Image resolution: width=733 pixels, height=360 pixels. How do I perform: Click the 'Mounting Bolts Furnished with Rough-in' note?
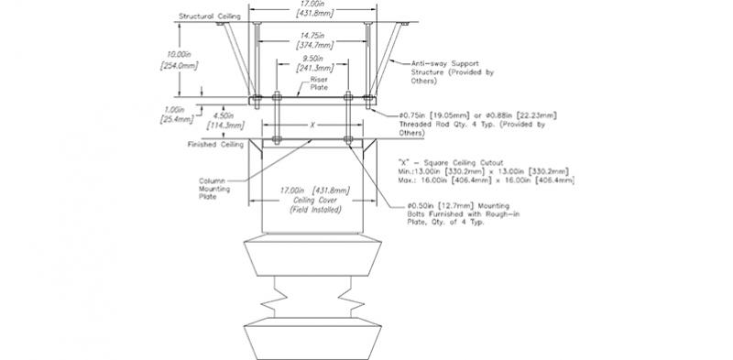tap(476, 214)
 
